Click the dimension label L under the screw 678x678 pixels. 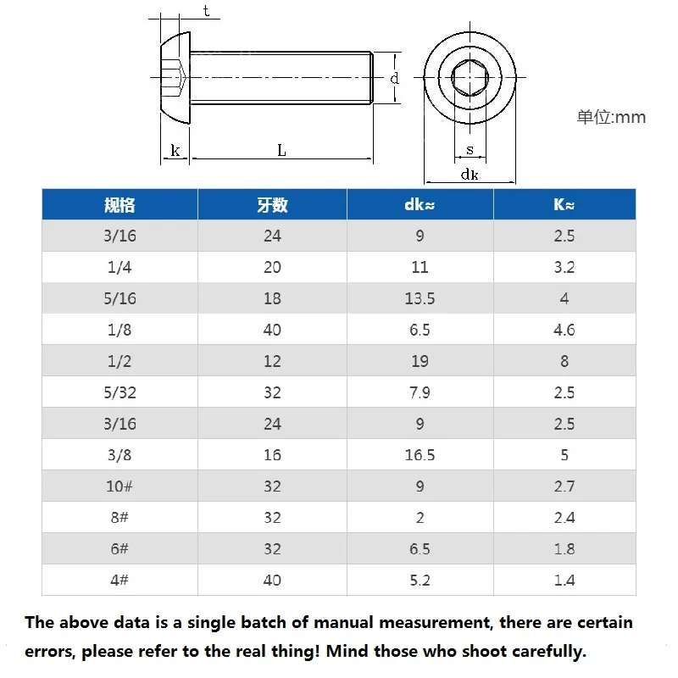click(281, 150)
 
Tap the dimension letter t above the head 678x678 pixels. click(207, 11)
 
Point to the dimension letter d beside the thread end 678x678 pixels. click(394, 78)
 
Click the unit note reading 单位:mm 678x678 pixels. click(611, 117)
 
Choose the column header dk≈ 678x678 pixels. click(420, 204)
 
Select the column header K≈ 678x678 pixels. click(564, 204)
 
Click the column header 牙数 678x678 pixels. click(272, 204)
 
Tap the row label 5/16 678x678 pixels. click(119, 298)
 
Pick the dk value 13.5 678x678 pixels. click(420, 298)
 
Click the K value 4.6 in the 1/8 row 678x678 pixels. click(564, 330)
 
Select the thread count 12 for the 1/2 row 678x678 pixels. click(272, 361)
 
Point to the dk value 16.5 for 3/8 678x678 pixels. click(420, 455)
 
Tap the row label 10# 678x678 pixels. click(119, 486)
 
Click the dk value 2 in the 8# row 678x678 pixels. click(420, 518)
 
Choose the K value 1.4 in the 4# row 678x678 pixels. click(564, 581)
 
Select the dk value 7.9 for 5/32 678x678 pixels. click(420, 392)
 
